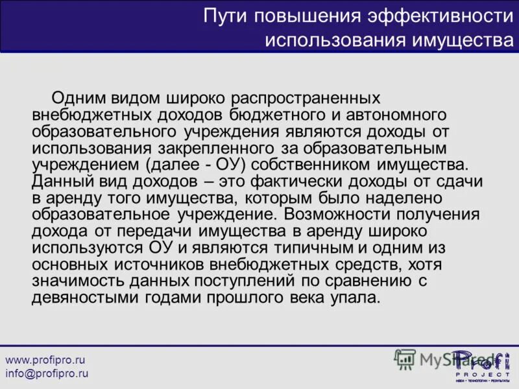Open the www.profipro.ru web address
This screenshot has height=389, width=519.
tap(45, 360)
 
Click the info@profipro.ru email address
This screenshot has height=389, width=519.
tap(47, 373)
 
